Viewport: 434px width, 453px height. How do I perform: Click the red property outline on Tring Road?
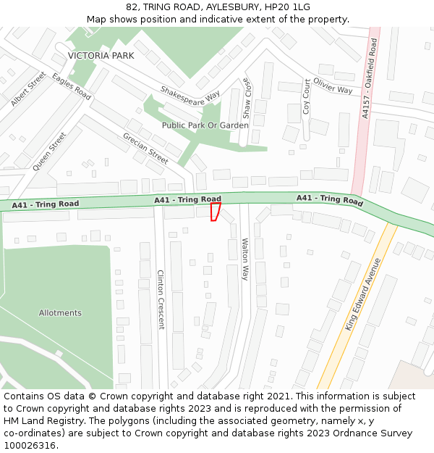[x=215, y=212]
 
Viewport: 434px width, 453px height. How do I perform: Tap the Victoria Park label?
[x=101, y=56]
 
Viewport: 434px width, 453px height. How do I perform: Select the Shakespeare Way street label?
[x=190, y=96]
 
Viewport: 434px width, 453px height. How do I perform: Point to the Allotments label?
[x=60, y=313]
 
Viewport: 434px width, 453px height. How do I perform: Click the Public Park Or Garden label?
[x=205, y=125]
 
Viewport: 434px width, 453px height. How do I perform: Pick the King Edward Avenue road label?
[x=362, y=294]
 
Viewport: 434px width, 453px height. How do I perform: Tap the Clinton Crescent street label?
[x=161, y=299]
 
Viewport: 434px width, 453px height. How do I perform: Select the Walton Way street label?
[x=244, y=259]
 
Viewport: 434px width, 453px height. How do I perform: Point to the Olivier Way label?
[x=333, y=86]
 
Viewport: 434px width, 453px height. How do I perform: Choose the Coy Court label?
[x=306, y=96]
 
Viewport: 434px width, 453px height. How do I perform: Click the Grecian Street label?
[x=145, y=147]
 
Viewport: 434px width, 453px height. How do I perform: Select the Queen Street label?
[x=49, y=151]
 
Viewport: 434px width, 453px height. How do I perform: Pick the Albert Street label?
[x=28, y=89]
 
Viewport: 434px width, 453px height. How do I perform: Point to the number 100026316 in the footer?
[x=30, y=445]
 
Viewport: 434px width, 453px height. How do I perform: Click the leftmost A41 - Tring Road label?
[x=46, y=205]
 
